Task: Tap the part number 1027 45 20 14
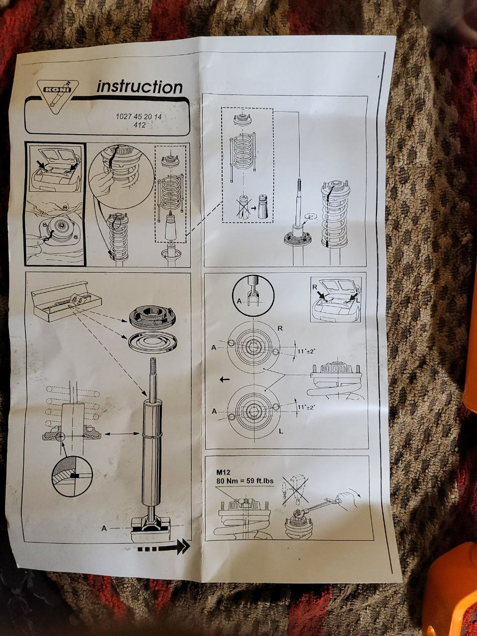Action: pyautogui.click(x=139, y=117)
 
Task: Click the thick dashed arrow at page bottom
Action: pyautogui.click(x=163, y=547)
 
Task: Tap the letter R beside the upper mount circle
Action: pyautogui.click(x=280, y=328)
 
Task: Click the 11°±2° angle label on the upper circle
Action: pyautogui.click(x=307, y=351)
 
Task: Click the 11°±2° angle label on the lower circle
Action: pyautogui.click(x=307, y=407)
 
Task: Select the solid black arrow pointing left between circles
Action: pyautogui.click(x=225, y=379)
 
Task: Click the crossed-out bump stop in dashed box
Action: pyautogui.click(x=243, y=206)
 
